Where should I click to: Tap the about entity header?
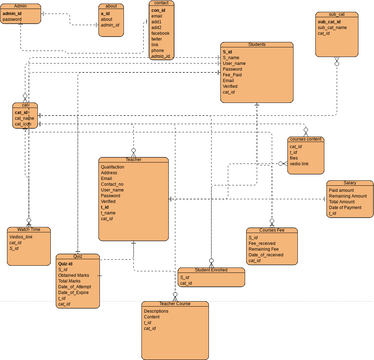111,5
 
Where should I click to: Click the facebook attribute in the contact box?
161,33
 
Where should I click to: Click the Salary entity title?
349,183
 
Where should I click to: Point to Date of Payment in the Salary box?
346,208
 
